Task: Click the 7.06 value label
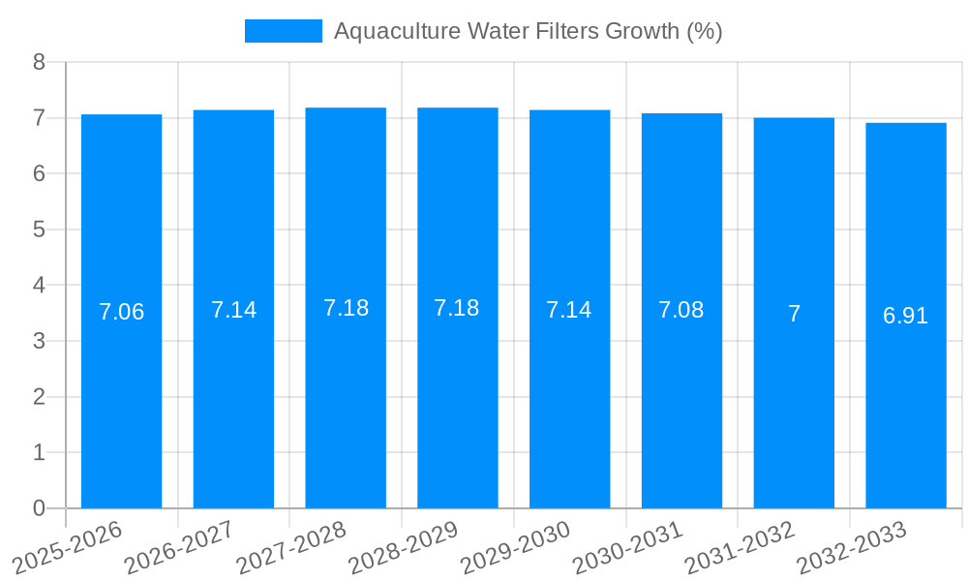(x=122, y=312)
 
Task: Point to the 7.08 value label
(x=681, y=310)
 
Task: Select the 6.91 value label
(x=906, y=316)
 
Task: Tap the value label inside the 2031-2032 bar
(x=794, y=314)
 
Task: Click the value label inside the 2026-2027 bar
(x=233, y=310)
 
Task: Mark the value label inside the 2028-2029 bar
(x=457, y=308)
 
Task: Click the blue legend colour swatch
(x=283, y=31)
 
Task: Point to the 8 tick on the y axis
(x=40, y=62)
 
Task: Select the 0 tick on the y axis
(x=40, y=508)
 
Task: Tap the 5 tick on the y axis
(x=40, y=229)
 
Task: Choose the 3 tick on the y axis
(x=40, y=341)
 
